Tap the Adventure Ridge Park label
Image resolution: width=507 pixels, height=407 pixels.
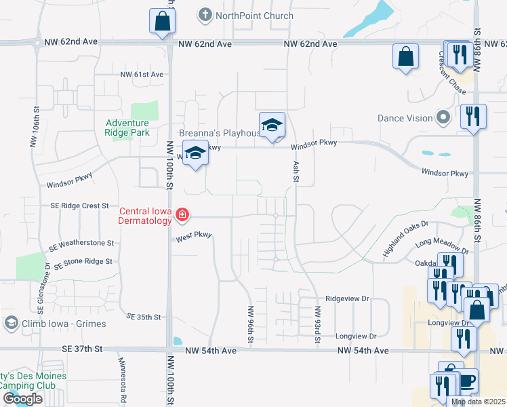click(x=127, y=128)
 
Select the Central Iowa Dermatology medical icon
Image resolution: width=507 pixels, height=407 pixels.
click(x=181, y=215)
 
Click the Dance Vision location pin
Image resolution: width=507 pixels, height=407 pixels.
click(x=443, y=118)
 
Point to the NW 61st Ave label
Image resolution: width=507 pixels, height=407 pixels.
click(x=142, y=75)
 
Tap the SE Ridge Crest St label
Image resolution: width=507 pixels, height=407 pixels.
click(x=79, y=206)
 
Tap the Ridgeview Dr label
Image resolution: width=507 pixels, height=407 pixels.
click(x=346, y=298)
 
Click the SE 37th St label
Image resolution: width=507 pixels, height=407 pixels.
click(x=80, y=349)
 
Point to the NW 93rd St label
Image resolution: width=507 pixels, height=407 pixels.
click(x=317, y=324)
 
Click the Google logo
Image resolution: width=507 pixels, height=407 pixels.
click(x=23, y=398)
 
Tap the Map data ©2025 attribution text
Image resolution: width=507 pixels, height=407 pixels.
click(x=479, y=402)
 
